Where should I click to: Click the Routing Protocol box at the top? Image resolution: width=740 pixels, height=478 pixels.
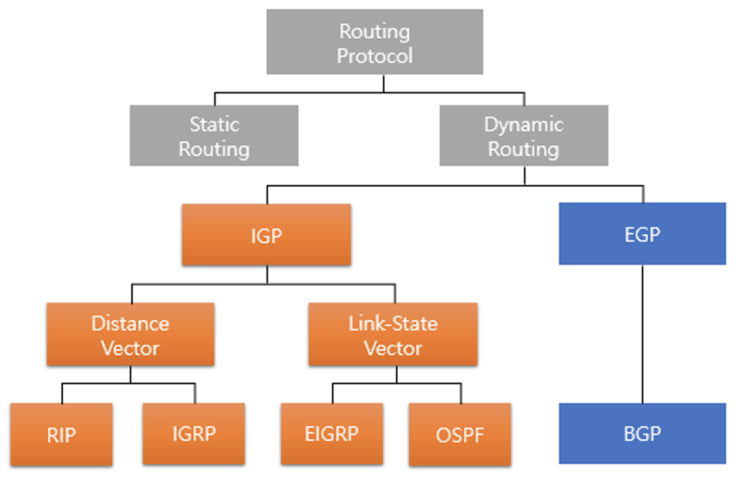[376, 43]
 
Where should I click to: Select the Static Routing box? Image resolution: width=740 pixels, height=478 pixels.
[214, 135]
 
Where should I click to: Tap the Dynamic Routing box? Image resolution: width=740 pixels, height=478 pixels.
[523, 135]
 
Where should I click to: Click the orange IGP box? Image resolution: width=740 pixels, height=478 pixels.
[267, 235]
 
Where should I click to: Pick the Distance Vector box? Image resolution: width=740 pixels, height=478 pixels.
[130, 336]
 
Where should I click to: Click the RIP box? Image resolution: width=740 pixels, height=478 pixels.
[61, 434]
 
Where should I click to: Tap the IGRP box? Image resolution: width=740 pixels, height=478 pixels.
[193, 434]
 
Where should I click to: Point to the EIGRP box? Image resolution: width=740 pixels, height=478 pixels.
[332, 434]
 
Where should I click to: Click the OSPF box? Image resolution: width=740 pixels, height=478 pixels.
[460, 434]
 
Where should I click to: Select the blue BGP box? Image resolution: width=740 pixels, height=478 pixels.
[642, 434]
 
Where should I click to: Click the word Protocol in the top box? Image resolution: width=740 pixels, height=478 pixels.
[376, 55]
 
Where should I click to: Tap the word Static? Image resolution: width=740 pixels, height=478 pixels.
[214, 124]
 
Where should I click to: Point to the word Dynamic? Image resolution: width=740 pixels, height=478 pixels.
[523, 124]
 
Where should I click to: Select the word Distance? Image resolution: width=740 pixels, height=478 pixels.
[130, 325]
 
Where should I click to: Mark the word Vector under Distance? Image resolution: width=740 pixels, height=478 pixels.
[130, 348]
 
